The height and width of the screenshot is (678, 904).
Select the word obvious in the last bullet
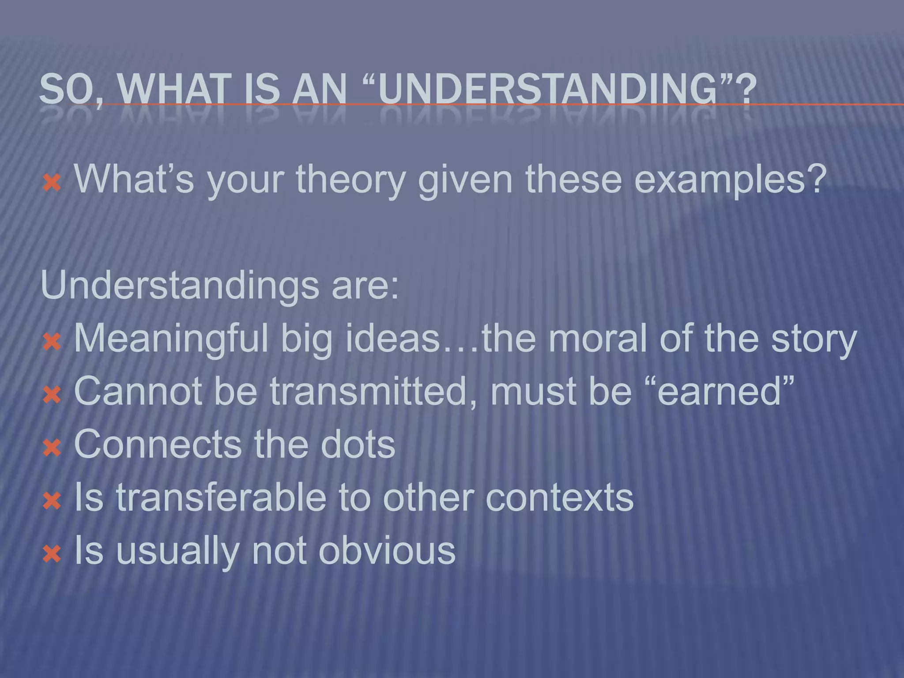[387, 550]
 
